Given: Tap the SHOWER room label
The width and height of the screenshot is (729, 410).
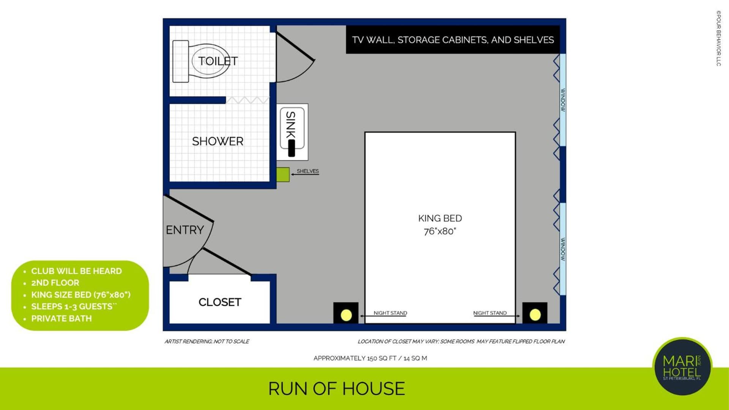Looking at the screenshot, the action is tap(218, 141).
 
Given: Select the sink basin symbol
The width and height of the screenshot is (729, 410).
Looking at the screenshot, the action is tap(292, 132).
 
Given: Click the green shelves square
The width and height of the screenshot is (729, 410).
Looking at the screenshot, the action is tap(283, 174).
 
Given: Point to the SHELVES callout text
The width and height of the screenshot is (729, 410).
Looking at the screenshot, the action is tap(308, 171).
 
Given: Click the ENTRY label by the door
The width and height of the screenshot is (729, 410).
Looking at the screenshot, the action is tap(185, 230).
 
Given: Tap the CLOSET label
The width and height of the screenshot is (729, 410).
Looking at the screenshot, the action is tap(220, 302).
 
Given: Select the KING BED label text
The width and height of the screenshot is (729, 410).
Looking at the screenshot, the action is tap(440, 218).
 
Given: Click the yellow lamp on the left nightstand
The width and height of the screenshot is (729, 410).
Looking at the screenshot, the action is tap(346, 315).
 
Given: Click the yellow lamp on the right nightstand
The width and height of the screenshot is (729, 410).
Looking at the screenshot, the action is tap(535, 315).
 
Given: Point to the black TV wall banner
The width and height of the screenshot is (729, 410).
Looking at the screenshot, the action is tap(453, 39).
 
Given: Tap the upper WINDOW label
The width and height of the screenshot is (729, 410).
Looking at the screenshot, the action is tap(563, 100).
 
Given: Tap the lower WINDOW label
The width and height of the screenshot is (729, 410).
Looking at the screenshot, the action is tap(563, 249).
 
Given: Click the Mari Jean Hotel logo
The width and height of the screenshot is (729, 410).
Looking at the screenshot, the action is tap(682, 366).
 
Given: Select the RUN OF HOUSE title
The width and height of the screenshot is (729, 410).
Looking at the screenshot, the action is tap(336, 389).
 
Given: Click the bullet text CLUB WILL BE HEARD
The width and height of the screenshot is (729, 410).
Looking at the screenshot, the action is tap(76, 271).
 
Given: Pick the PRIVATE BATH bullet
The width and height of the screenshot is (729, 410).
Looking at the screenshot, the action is tap(62, 319).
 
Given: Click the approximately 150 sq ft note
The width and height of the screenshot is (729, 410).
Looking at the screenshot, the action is tap(370, 358).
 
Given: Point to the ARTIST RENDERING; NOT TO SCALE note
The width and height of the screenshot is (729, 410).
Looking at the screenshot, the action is tap(207, 341).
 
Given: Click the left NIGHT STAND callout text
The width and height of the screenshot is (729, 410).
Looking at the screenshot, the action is tap(390, 313).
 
